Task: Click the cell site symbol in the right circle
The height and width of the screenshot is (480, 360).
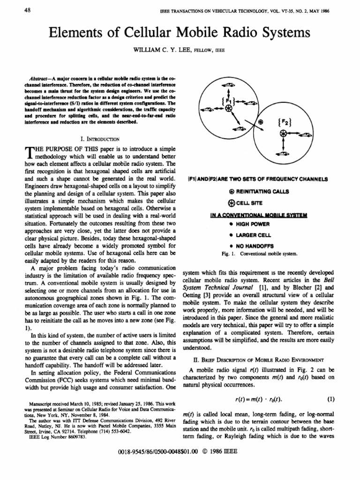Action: (283, 134)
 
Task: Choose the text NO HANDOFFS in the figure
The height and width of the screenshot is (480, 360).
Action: (251, 246)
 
